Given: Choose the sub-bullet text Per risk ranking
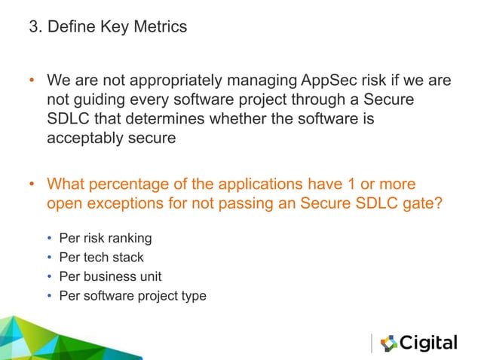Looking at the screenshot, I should click(105, 239).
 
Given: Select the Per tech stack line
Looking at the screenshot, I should click(101, 258).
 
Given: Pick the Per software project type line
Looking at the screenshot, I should click(132, 296).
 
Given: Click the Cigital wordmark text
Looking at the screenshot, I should click(428, 343).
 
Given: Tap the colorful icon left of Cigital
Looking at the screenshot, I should click(388, 343).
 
